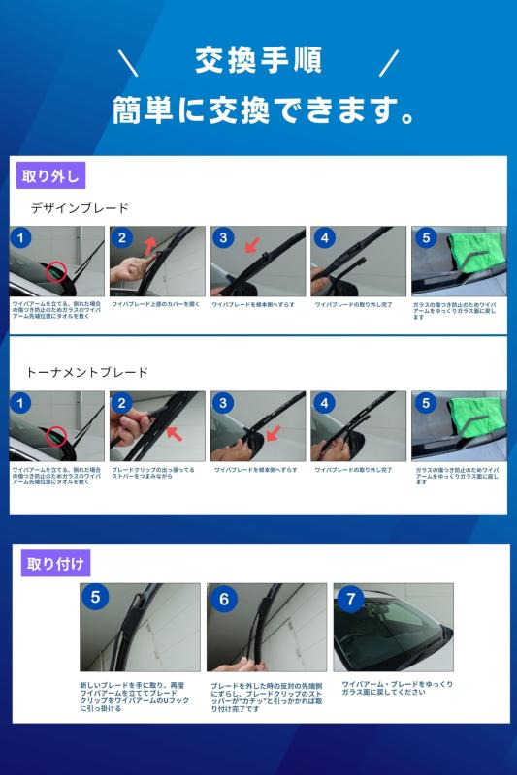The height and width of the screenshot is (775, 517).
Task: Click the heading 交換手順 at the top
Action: coord(257,61)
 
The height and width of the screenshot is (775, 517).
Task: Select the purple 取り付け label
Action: coord(55,562)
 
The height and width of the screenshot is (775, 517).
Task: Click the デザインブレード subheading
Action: coord(80,208)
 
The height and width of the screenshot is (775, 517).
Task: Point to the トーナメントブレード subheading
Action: coord(86,372)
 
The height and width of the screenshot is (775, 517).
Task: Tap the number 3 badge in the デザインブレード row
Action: coord(223,238)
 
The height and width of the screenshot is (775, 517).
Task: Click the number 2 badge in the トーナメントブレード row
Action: coord(122,403)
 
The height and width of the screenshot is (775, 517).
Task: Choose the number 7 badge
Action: coord(349,598)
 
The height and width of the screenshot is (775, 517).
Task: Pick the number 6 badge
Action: coord(223,599)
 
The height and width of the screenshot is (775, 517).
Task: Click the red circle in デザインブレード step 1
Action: coord(57,271)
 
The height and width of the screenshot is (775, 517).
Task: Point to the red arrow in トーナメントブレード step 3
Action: coord(272,432)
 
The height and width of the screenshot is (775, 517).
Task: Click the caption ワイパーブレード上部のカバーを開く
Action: coord(155,304)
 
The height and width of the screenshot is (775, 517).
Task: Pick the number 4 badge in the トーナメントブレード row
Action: coord(324,403)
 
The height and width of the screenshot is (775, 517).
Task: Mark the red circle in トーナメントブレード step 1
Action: coord(57,436)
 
